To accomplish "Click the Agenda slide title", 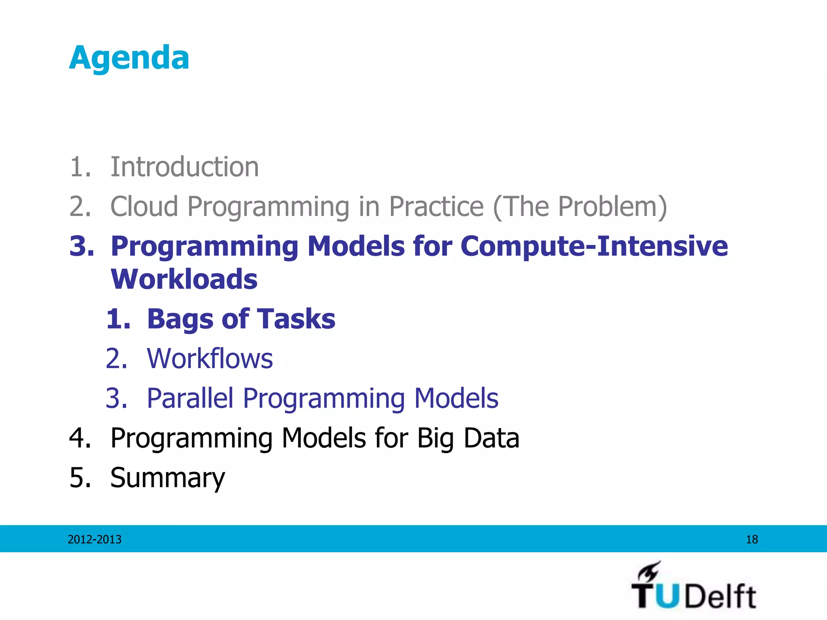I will point(129,58).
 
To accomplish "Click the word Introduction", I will point(185,167).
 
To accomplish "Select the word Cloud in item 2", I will point(144,206).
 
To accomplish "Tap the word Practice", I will point(436,206).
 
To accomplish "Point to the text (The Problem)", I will point(580,206).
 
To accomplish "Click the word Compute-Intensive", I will point(594,246).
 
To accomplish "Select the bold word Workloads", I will point(184,279).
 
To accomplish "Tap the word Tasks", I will point(296,318).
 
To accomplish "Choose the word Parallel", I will point(190,398).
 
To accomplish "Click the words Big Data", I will point(468,438).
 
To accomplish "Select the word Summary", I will point(168,478).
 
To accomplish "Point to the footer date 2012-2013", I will point(94,539).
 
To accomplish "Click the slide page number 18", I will point(751,539).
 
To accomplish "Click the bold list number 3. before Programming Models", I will point(82,246).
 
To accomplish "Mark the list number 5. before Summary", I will point(80,478).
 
